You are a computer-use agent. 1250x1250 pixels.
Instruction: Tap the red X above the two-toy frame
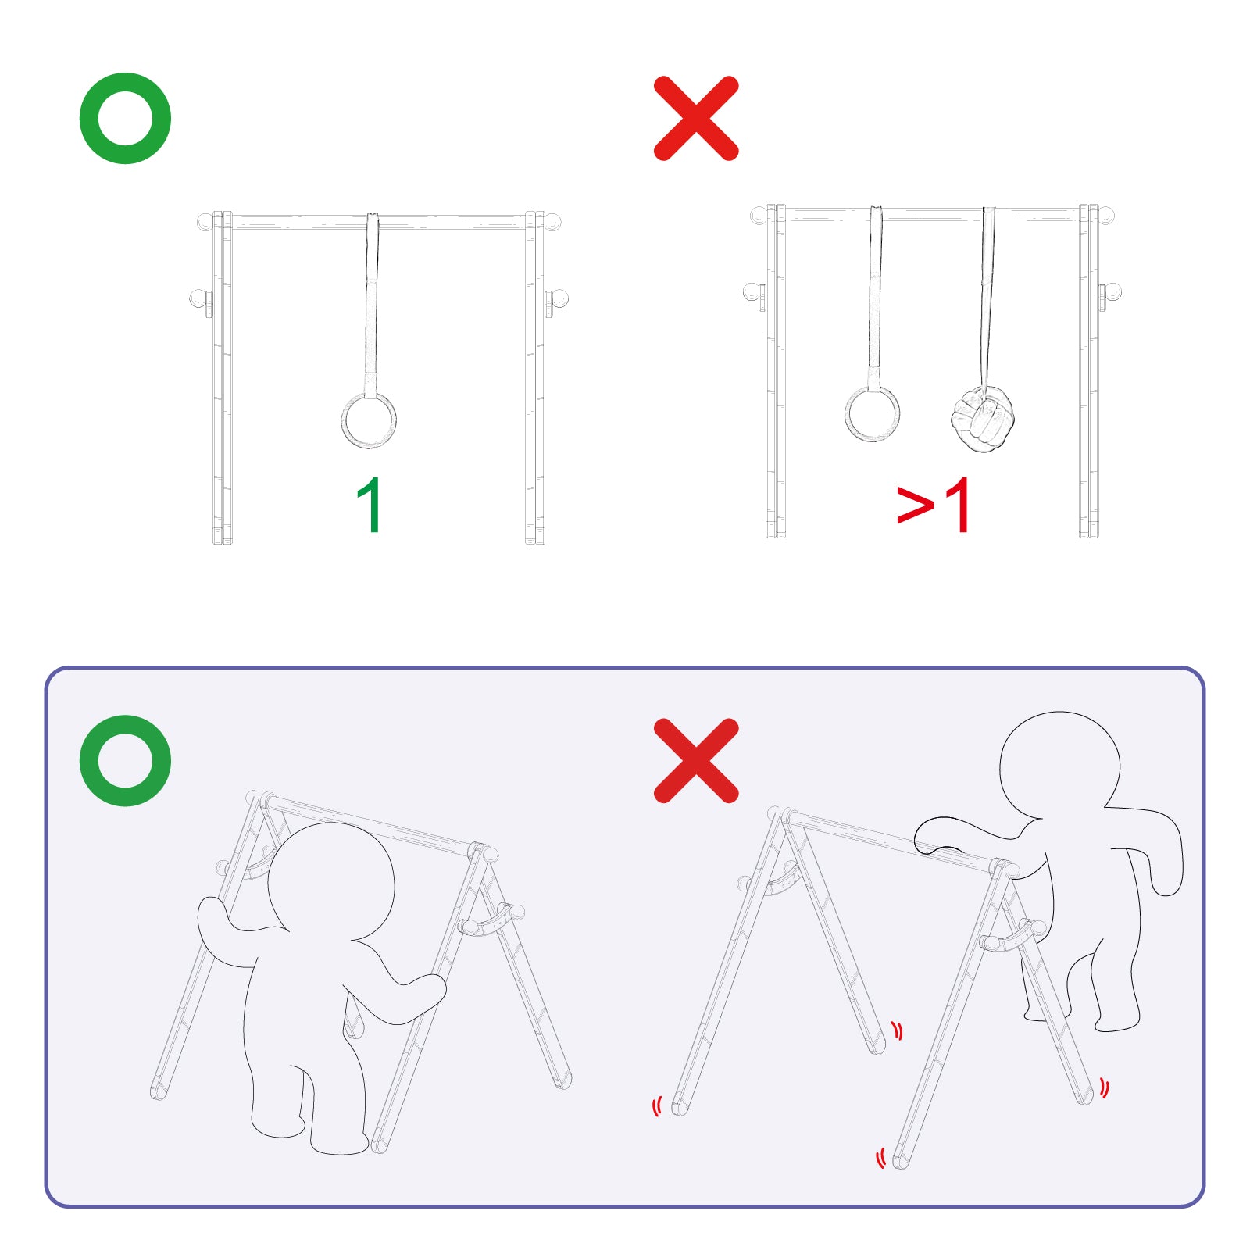click(696, 118)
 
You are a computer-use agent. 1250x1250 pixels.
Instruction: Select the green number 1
click(370, 505)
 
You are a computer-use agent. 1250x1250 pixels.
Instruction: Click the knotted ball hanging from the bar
click(982, 419)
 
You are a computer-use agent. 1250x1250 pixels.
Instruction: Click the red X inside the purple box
click(696, 761)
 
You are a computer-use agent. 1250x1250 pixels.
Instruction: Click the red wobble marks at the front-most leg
click(881, 1158)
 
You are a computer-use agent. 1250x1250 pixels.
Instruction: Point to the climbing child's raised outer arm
click(1148, 848)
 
